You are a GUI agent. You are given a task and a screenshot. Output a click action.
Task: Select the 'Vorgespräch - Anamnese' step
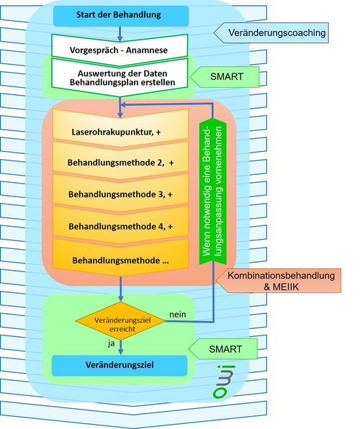pos(120,50)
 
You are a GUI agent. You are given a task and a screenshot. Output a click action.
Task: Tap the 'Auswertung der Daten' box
pos(120,77)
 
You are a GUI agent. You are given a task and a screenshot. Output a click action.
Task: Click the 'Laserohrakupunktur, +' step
pos(120,129)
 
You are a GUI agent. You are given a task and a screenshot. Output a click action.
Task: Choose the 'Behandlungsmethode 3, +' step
pos(120,193)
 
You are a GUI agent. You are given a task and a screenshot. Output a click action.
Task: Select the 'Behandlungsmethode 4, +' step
pos(120,225)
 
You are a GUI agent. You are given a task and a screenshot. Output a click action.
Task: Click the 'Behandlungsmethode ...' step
pos(120,257)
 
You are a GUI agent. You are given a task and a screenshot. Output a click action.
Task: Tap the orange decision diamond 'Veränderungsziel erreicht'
pos(120,321)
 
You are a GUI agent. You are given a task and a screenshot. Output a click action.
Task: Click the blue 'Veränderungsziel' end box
pos(120,366)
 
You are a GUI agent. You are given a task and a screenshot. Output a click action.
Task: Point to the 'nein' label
pos(178,315)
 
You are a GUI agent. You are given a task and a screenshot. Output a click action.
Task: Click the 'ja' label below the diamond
pos(111,343)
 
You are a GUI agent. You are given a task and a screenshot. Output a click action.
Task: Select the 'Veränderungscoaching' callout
pos(271,33)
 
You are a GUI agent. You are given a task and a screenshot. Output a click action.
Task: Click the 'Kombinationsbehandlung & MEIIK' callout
pos(279,281)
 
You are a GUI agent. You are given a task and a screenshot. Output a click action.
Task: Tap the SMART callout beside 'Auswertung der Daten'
pos(225,77)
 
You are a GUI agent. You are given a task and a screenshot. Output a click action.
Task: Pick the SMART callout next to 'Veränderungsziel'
pos(223,349)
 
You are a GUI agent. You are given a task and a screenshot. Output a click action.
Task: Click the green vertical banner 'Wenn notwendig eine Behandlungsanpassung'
pos(212,191)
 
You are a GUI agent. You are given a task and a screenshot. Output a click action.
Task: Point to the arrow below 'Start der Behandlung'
pos(120,34)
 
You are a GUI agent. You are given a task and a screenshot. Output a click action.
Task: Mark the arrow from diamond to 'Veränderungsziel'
pos(120,348)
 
